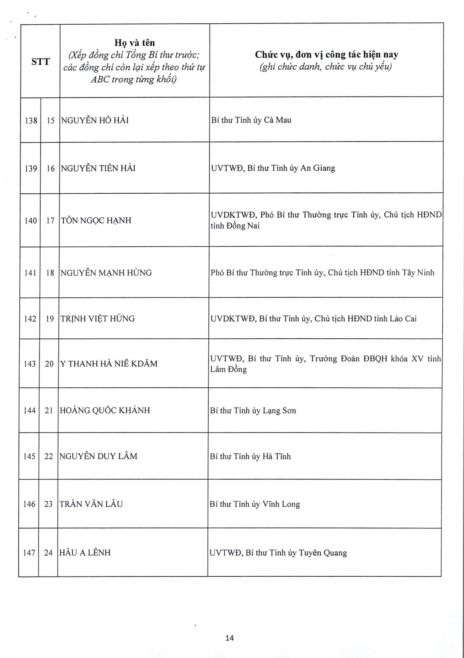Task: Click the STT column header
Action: coord(41,61)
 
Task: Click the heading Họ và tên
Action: coord(135,43)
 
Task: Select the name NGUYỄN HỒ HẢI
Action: coord(95,120)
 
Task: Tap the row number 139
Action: coord(31,169)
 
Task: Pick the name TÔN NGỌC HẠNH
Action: coord(96,220)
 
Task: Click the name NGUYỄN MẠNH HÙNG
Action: coord(106,273)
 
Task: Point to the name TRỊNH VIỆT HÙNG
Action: coord(97,319)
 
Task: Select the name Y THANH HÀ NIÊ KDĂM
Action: coord(109,363)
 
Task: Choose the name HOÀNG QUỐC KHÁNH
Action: coord(105,410)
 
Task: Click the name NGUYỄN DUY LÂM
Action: coord(98,456)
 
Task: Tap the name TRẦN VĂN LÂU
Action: coord(91,504)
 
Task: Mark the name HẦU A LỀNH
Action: coord(85,552)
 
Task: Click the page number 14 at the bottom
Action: coord(230,638)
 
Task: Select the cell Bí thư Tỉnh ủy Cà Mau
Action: coord(251,120)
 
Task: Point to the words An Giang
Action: coord(318,168)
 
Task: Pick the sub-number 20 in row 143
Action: coord(49,364)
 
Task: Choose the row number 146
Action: coord(29,504)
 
